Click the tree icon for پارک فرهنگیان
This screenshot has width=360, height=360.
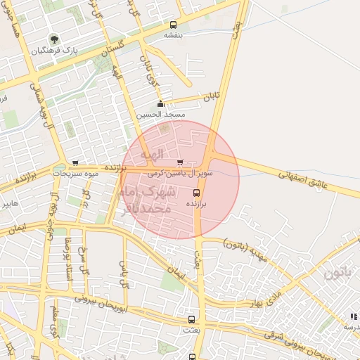click(x=53, y=39)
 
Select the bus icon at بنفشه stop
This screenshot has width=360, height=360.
click(x=173, y=24)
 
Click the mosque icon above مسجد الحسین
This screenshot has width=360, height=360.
click(x=161, y=105)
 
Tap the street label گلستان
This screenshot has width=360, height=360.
click(x=112, y=49)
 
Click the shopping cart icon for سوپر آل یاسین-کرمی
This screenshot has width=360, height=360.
click(x=179, y=162)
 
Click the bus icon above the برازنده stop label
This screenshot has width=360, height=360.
click(x=195, y=192)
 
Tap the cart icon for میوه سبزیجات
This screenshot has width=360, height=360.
click(x=75, y=163)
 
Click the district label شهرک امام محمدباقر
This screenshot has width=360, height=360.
click(x=149, y=199)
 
